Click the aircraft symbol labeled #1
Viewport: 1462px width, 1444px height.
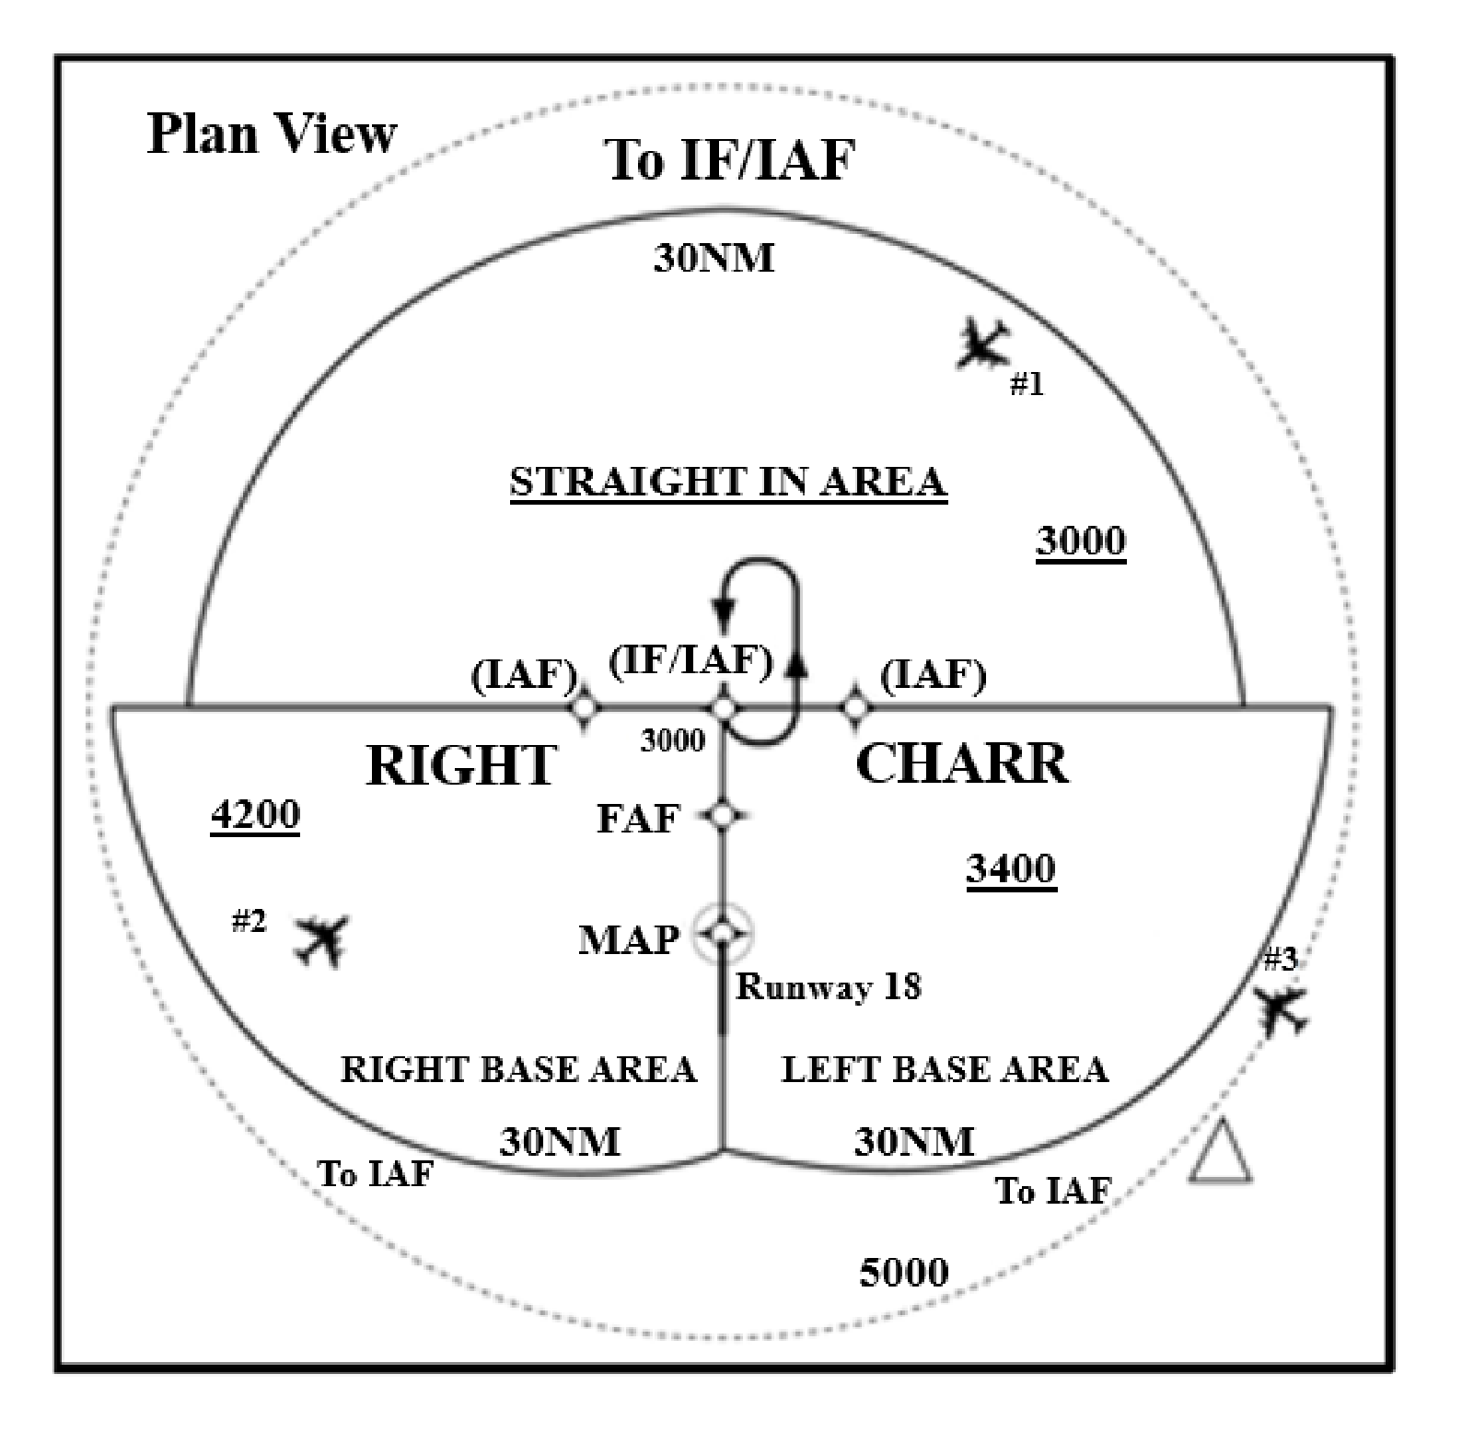tap(983, 344)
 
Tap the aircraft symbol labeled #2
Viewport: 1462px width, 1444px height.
tap(320, 939)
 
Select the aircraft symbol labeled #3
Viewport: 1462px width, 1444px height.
tap(1282, 1010)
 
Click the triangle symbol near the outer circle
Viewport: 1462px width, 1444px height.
tap(1221, 1153)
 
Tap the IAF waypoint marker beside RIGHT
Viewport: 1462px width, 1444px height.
tap(585, 708)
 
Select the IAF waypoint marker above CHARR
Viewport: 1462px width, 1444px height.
tap(856, 708)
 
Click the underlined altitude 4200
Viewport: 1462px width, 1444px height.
tap(256, 816)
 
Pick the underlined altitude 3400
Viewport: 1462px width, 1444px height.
tap(1011, 869)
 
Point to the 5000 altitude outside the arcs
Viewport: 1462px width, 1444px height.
tap(904, 1273)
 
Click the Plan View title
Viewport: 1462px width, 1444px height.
tap(273, 134)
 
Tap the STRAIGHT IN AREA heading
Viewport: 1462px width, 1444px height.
tap(728, 483)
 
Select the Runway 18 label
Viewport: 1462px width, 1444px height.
tap(829, 987)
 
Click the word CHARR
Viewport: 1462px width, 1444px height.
tap(963, 763)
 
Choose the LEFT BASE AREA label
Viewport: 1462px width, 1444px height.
tap(945, 1069)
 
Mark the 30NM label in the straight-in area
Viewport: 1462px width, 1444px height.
tap(714, 259)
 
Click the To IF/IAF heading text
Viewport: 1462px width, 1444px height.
tap(730, 160)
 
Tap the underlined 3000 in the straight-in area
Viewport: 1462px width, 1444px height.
tap(1081, 541)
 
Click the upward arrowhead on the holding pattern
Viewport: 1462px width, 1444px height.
tap(797, 661)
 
